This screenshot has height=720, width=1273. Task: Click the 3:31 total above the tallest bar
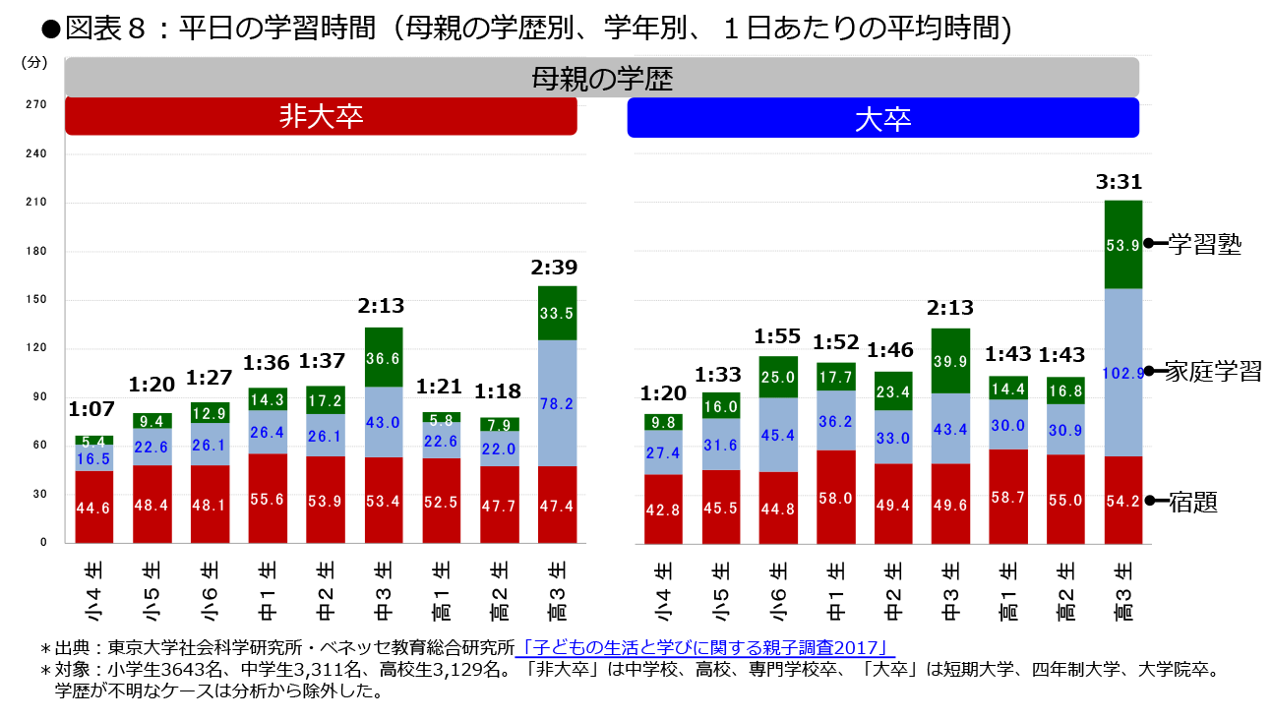point(1122,183)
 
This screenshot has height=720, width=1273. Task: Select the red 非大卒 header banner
point(321,117)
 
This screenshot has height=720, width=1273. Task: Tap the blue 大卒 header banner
point(882,118)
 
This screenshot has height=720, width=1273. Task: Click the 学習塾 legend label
point(1204,245)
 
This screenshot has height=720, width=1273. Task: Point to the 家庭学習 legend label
point(1213,372)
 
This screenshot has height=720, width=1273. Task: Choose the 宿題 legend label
point(1193,503)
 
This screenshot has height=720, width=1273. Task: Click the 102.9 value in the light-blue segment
point(1123,372)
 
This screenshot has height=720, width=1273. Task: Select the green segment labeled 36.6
point(384,358)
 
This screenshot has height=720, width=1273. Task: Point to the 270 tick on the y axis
point(35,104)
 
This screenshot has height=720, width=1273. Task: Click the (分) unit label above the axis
point(33,63)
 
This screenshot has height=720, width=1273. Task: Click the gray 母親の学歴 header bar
point(602,78)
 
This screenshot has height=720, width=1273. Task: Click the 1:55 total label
point(777,337)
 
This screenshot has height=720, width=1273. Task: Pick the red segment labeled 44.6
point(93,508)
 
